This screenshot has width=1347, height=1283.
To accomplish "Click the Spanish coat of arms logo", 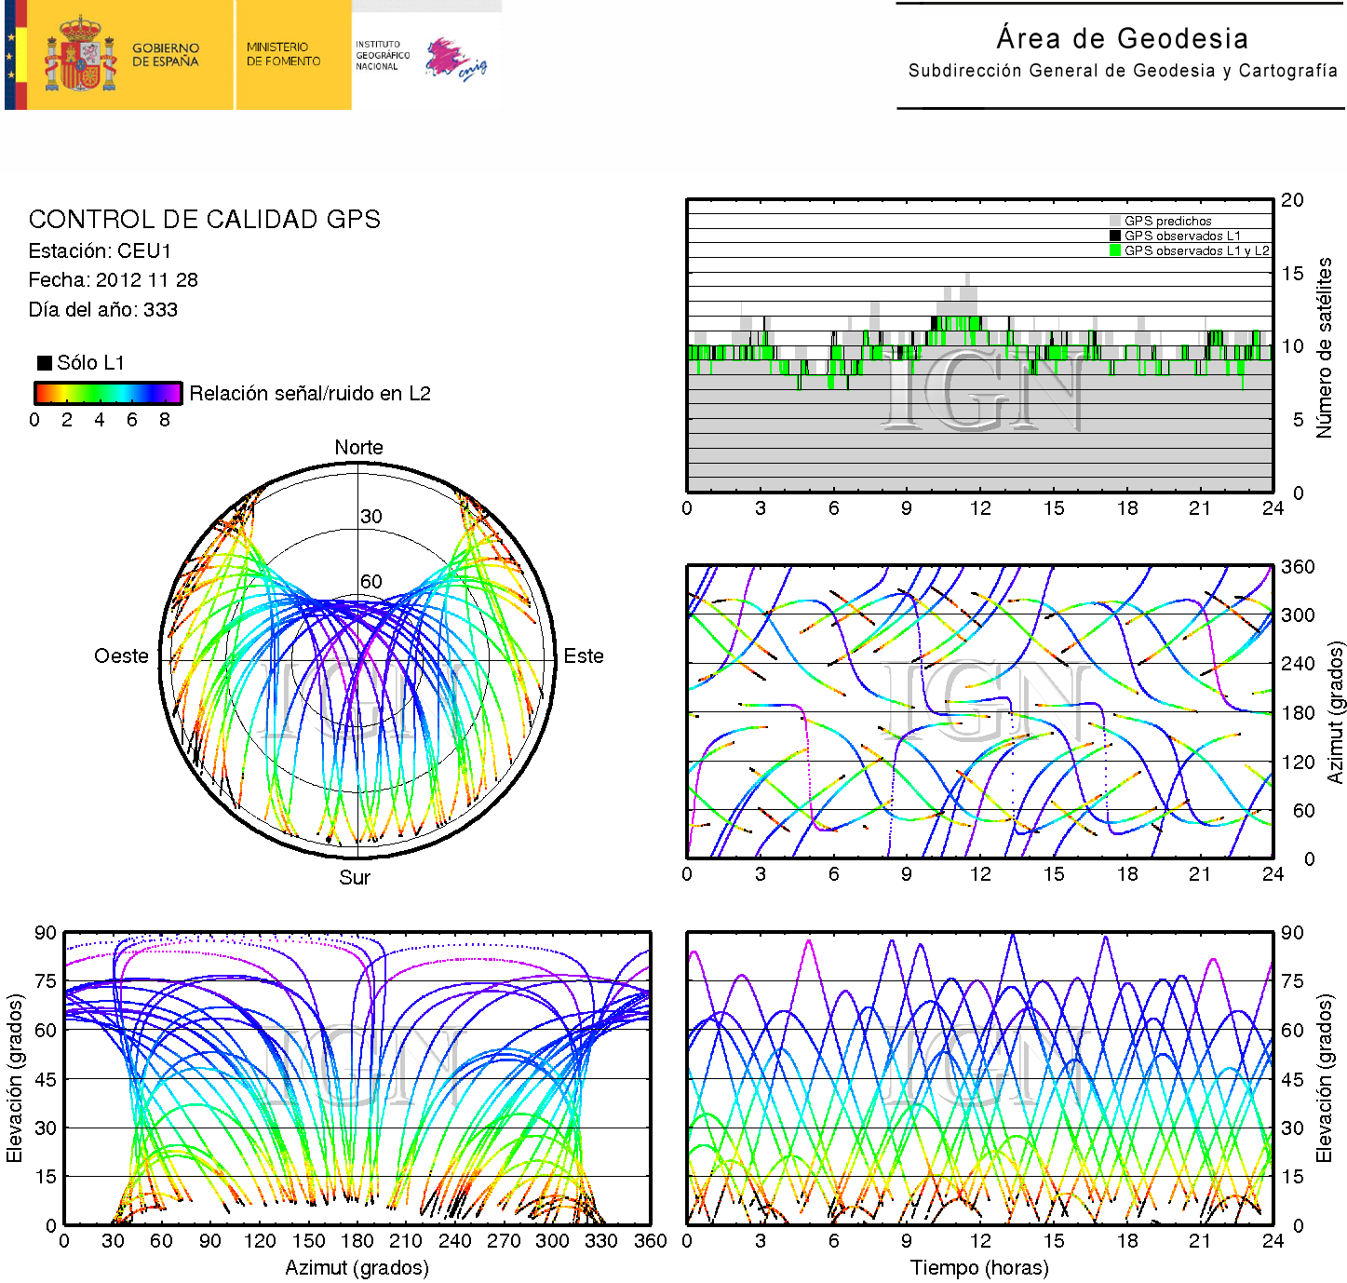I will tap(80, 55).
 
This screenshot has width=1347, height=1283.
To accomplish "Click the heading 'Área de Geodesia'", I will tap(1122, 38).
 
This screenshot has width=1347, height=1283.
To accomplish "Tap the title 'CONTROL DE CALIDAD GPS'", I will tap(204, 220).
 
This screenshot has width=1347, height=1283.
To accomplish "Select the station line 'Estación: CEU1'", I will tap(100, 251).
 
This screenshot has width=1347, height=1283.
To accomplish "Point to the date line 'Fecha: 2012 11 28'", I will tap(113, 280).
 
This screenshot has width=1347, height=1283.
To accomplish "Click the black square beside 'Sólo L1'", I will tap(44, 362).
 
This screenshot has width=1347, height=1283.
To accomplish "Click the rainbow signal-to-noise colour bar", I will tap(108, 393).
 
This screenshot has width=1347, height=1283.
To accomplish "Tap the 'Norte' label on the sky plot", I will tap(358, 448).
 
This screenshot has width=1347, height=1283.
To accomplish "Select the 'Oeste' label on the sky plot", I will tap(121, 656).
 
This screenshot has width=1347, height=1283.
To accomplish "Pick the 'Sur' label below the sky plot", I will tap(355, 878).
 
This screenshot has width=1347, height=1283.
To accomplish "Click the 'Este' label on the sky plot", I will tap(584, 656).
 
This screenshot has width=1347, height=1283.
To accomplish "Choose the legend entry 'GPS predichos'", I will tap(1167, 222).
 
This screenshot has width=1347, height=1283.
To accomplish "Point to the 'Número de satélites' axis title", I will tap(1324, 347).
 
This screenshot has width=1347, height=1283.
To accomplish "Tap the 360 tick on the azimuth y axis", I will tap(1298, 567).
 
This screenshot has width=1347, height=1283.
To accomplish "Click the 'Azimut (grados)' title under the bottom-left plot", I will tap(357, 1268).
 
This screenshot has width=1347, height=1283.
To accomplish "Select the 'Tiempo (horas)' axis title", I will tap(979, 1268).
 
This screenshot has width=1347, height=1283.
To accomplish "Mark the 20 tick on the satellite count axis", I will tap(1292, 200).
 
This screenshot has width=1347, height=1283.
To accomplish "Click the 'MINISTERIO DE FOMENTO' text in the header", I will tap(283, 54).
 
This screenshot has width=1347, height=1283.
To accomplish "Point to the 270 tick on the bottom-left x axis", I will tap(504, 1241).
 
